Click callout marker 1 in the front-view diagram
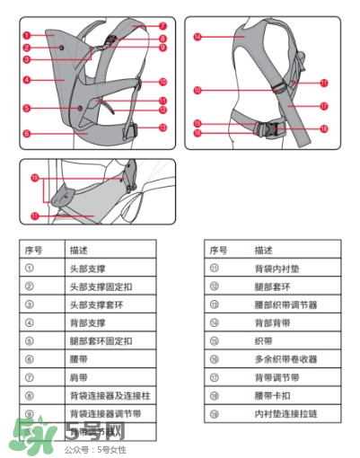click(28, 34)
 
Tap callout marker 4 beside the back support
click(28, 79)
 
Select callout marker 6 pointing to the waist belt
click(28, 133)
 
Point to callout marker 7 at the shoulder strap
click(162, 26)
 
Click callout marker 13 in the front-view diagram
click(162, 128)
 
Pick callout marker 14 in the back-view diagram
click(197, 37)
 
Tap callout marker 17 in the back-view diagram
click(324, 105)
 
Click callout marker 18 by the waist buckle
click(324, 128)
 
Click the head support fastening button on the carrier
click(60, 46)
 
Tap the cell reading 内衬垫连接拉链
click(280, 413)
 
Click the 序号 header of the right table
click(216, 249)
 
